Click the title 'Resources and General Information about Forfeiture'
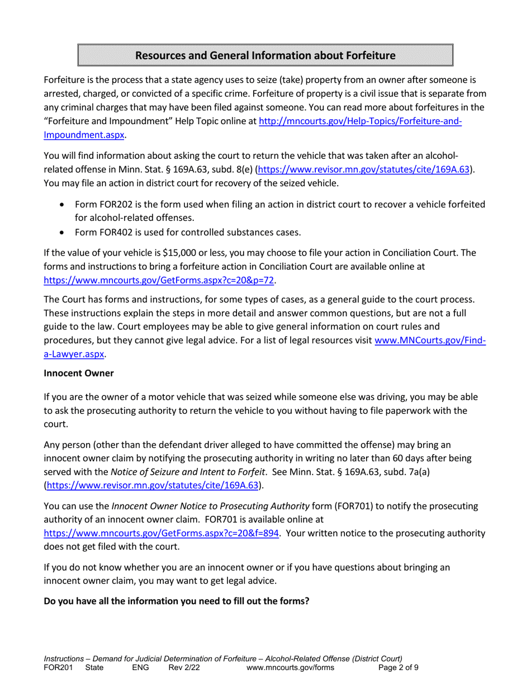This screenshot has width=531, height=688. (x=265, y=55)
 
